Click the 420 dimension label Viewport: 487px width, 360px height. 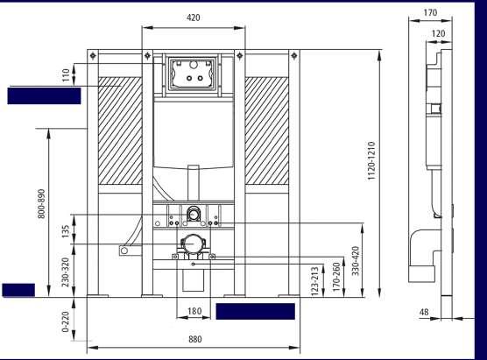tap(194, 18)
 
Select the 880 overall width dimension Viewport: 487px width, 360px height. tap(195, 339)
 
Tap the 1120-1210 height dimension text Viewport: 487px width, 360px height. tap(371, 160)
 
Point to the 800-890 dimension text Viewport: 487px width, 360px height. tap(41, 204)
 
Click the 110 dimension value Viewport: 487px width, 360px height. tap(66, 75)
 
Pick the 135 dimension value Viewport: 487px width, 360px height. tap(66, 232)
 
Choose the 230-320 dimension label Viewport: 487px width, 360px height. tap(66, 272)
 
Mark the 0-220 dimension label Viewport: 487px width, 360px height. tap(65, 321)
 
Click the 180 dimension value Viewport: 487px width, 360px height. tap(194, 311)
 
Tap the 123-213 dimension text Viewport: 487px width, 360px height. tap(314, 281)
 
